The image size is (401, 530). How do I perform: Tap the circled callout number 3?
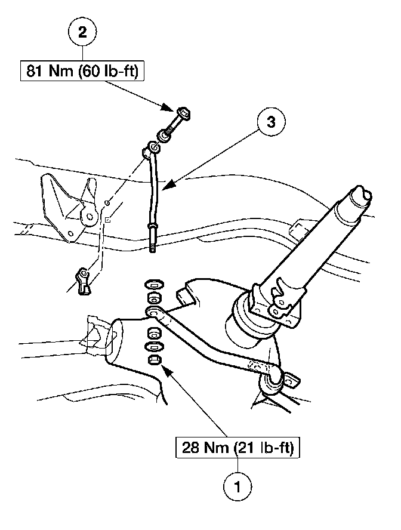click(270, 123)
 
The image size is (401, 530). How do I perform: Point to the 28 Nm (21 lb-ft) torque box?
click(238, 447)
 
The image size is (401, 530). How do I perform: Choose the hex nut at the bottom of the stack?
click(153, 359)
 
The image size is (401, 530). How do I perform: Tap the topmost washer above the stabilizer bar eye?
click(153, 282)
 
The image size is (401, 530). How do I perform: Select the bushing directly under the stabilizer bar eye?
click(153, 332)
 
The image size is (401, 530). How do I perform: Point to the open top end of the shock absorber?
click(362, 194)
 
